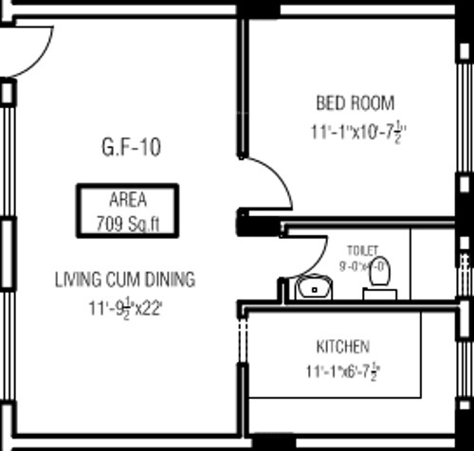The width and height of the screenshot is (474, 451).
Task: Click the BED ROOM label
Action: pos(354,102)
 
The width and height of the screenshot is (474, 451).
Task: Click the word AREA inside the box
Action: pos(128,200)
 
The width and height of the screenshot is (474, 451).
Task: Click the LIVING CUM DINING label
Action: pos(124,280)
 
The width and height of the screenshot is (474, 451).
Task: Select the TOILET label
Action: pos(362,250)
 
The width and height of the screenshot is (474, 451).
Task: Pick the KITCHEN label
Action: pos(342,346)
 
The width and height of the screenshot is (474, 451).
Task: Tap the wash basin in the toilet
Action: pos(311,287)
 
